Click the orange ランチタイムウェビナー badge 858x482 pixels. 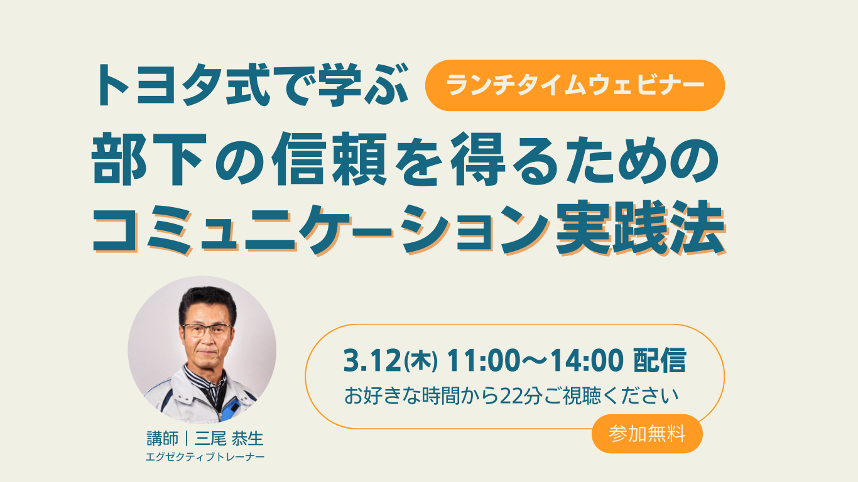(575, 85)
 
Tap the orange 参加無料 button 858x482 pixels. (647, 434)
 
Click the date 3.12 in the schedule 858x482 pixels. (372, 361)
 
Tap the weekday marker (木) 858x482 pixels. (421, 361)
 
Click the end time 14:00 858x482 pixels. (586, 361)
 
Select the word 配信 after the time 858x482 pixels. (660, 361)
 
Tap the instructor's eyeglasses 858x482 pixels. (207, 329)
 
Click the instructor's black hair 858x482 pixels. (207, 303)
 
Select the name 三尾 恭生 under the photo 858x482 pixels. (229, 439)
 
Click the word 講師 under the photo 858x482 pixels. (163, 439)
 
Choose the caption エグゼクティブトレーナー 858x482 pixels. (205, 458)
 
